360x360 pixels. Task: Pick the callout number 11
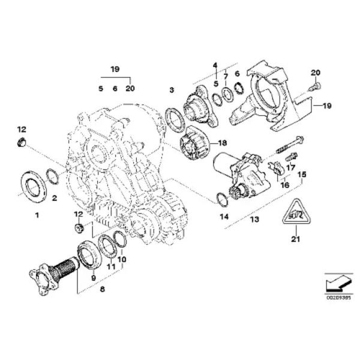[110, 266]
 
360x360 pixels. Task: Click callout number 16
[284, 186]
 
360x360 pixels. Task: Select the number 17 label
[290, 167]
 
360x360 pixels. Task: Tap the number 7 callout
[226, 77]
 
